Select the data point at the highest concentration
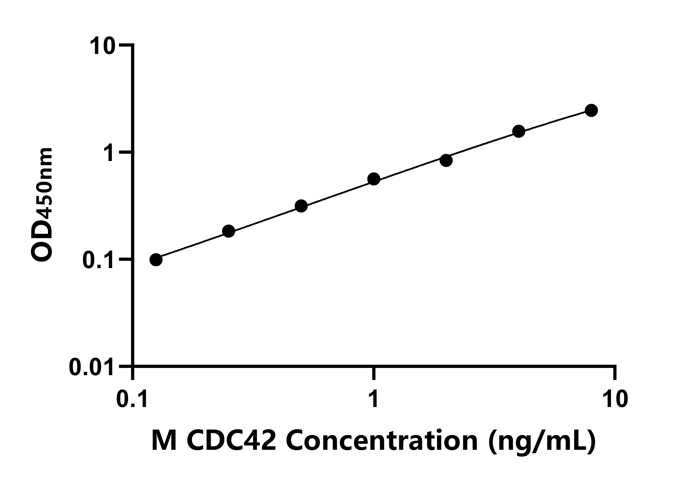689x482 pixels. click(x=591, y=110)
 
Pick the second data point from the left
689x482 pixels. click(x=229, y=231)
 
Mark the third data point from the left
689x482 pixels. click(x=301, y=206)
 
